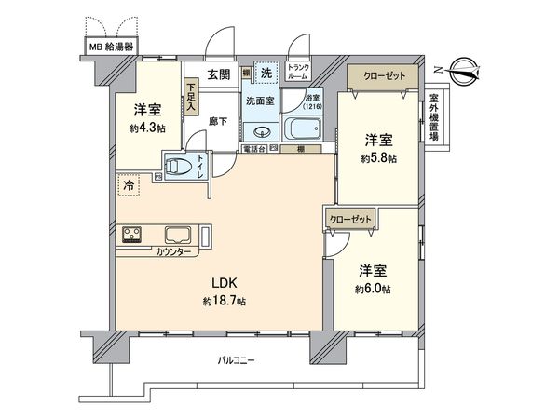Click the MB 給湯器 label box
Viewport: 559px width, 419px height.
pyautogui.click(x=111, y=45)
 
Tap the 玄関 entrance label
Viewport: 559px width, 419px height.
pyautogui.click(x=218, y=74)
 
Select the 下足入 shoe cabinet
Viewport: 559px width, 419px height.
pyautogui.click(x=191, y=98)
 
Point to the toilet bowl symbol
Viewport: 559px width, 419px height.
pyautogui.click(x=177, y=168)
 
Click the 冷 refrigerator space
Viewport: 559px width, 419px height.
pyautogui.click(x=127, y=185)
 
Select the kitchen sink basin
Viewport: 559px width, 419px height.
pyautogui.click(x=179, y=235)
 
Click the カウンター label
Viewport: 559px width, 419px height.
pyautogui.click(x=173, y=252)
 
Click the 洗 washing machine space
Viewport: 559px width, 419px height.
pyautogui.click(x=266, y=74)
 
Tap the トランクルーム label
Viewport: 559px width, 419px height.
pyautogui.click(x=298, y=71)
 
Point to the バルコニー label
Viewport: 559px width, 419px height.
pyautogui.click(x=237, y=359)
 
